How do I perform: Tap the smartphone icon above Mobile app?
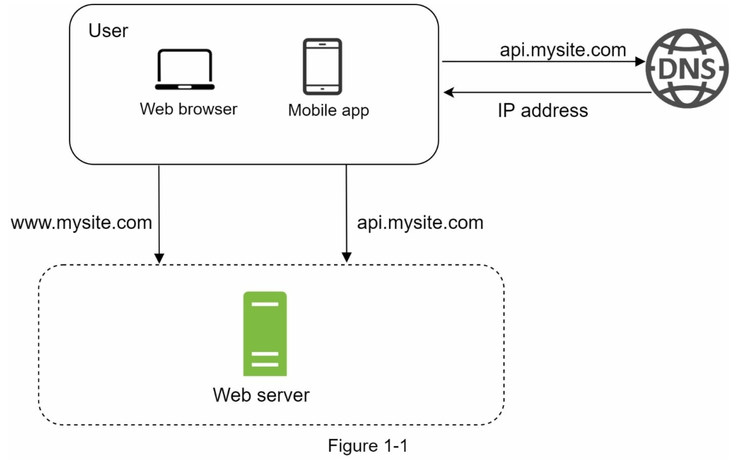tap(323, 66)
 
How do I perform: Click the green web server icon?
tap(264, 334)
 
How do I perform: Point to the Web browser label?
tap(188, 109)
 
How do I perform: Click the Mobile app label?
tap(328, 110)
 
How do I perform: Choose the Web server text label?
tap(261, 394)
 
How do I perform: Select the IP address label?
tap(542, 110)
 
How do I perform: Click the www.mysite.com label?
tap(81, 222)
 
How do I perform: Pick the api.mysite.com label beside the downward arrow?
tap(420, 222)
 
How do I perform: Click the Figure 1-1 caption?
tap(367, 445)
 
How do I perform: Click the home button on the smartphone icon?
tap(323, 89)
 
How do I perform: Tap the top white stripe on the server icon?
tap(264, 304)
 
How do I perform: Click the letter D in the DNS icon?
tap(668, 69)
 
